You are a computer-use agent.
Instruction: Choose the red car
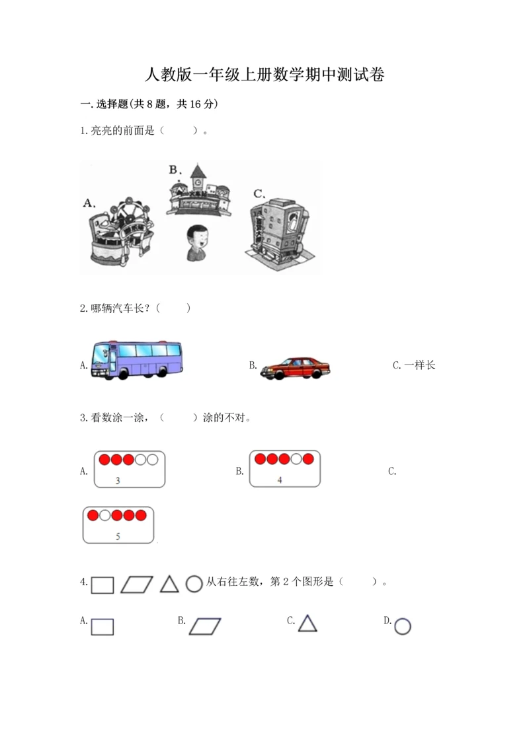(295, 368)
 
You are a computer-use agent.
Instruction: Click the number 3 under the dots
(118, 481)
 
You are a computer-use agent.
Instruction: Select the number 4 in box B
(280, 480)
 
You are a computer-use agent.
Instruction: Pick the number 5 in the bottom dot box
(118, 536)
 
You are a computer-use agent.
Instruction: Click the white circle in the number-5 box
(104, 515)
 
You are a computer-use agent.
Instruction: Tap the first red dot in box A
(104, 460)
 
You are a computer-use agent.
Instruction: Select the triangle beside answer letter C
(307, 623)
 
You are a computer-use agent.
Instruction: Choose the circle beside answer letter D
(403, 626)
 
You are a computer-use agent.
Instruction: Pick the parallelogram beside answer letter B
(205, 625)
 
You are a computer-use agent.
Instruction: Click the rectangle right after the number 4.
(102, 585)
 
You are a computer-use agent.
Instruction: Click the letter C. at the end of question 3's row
(392, 471)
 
